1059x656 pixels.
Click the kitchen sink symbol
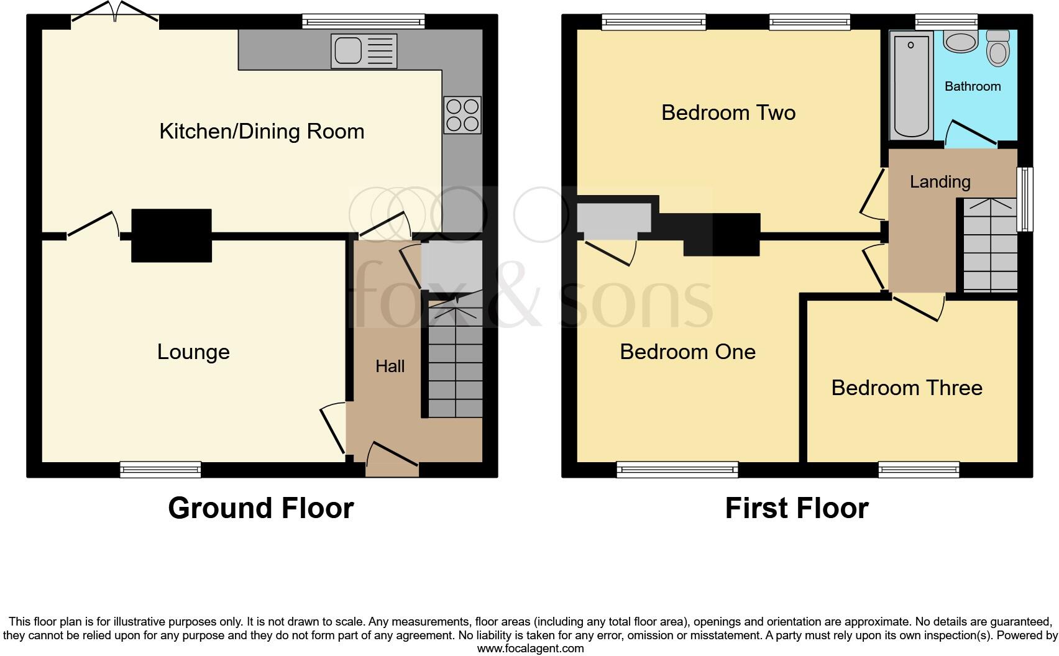pos(364,50)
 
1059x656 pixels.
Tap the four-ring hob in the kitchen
pos(462,115)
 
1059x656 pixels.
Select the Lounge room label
pos(193,352)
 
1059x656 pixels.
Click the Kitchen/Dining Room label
pos(262,131)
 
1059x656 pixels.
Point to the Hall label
pos(390,366)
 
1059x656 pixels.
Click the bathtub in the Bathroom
pos(912,85)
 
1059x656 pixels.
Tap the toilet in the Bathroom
pos(998,48)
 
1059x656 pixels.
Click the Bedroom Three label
pos(907,388)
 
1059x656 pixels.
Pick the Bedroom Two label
pos(728,112)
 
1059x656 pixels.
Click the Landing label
pos(940,181)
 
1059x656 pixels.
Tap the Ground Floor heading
pos(260,508)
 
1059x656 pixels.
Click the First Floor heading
pos(796,508)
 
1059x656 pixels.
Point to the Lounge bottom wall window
pos(160,469)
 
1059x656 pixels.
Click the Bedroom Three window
pos(919,469)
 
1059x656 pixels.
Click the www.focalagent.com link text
pos(530,649)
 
